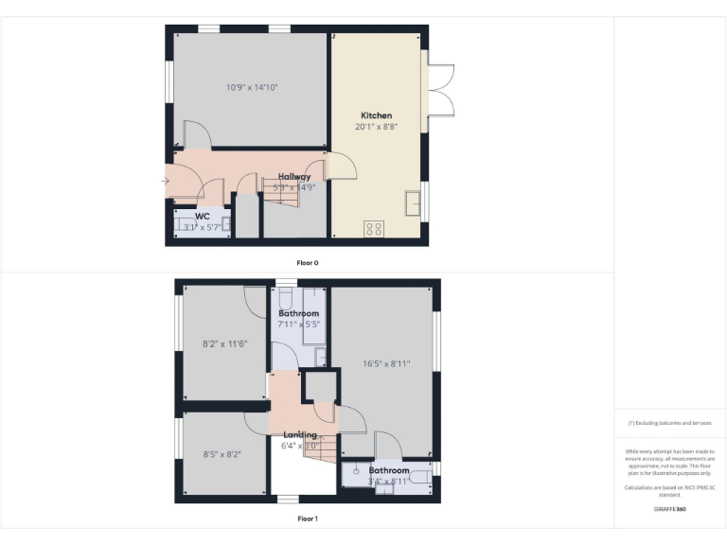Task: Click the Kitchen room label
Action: [376, 115]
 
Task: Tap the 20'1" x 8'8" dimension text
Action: [376, 127]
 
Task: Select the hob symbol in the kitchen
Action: [374, 228]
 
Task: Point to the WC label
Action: [202, 217]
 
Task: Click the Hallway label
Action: [294, 176]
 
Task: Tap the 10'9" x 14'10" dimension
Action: [252, 87]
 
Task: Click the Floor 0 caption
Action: [308, 262]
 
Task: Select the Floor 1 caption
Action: [308, 519]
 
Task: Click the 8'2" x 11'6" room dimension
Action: [225, 343]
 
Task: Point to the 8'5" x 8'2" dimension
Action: [222, 454]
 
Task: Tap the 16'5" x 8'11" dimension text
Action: [386, 362]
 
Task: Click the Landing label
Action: [300, 435]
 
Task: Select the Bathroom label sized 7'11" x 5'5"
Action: [298, 313]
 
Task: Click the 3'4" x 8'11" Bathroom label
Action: [389, 470]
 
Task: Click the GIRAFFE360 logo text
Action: [669, 509]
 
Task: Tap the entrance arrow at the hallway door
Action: [167, 180]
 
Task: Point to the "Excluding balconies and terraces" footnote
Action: [669, 423]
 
